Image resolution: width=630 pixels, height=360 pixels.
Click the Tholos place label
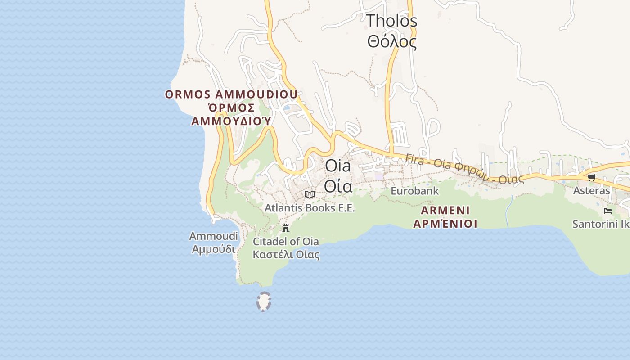click(x=391, y=21)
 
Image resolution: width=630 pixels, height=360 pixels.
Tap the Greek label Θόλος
click(x=391, y=41)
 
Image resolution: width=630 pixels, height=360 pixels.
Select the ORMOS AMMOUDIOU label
click(x=231, y=94)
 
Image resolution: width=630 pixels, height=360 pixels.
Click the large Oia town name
click(x=338, y=166)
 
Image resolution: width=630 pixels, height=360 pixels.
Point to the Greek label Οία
click(x=338, y=185)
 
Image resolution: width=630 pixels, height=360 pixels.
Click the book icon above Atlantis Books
click(x=309, y=194)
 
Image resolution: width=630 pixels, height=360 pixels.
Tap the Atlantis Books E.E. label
click(x=310, y=208)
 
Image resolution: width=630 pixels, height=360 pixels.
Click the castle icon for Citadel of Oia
click(x=285, y=228)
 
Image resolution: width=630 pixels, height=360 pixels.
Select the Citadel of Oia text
click(x=286, y=242)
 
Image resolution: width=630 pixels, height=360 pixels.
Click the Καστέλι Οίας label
click(x=286, y=255)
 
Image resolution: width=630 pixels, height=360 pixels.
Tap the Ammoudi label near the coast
click(x=213, y=236)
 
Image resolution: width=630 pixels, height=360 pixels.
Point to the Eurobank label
click(x=414, y=191)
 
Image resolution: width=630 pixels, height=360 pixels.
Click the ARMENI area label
click(x=445, y=210)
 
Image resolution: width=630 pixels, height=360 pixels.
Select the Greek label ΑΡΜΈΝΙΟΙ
click(x=445, y=224)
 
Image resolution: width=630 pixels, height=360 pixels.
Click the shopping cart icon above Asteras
click(x=591, y=177)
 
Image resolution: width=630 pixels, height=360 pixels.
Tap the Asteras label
click(x=591, y=191)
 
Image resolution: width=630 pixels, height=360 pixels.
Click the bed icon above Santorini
click(x=607, y=211)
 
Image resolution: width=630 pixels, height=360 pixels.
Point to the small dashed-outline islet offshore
click(x=263, y=301)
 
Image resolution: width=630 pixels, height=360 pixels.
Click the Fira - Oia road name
click(x=463, y=169)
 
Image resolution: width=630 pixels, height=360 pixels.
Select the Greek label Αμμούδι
click(x=213, y=249)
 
